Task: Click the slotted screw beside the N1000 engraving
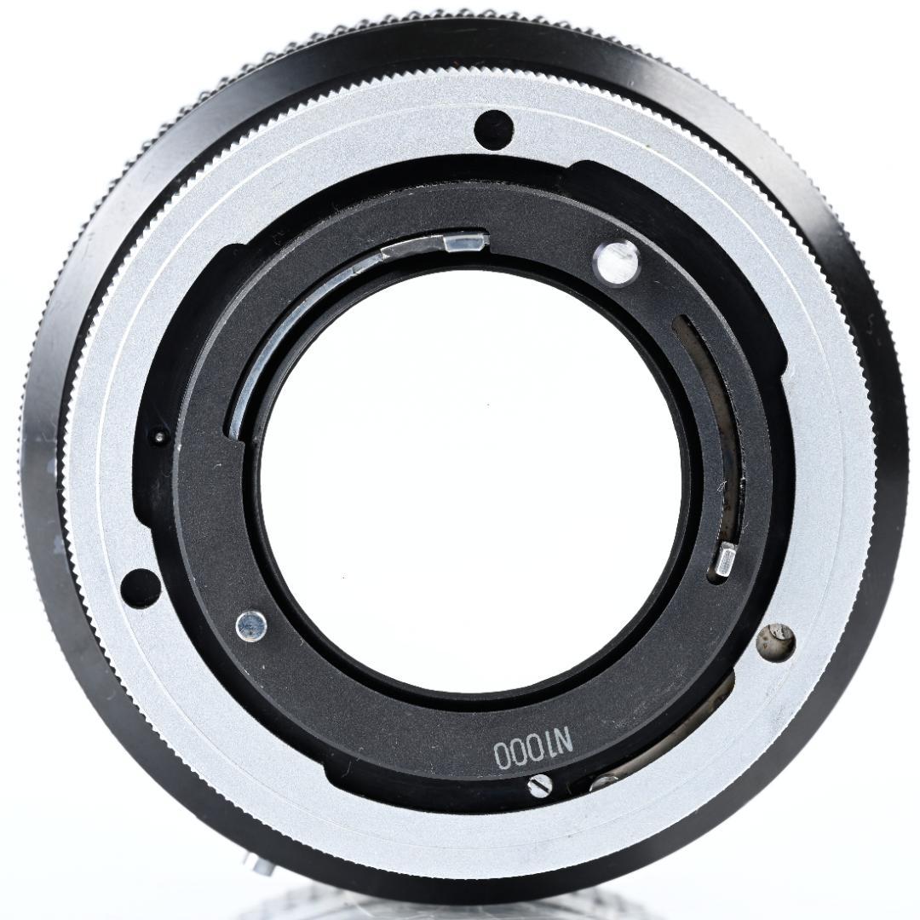(x=540, y=785)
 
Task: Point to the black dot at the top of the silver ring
(x=493, y=127)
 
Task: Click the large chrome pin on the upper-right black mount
(x=616, y=262)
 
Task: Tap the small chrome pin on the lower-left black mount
(x=251, y=625)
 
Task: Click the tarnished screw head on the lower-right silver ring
(x=776, y=641)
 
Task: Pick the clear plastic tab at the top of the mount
(x=466, y=241)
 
